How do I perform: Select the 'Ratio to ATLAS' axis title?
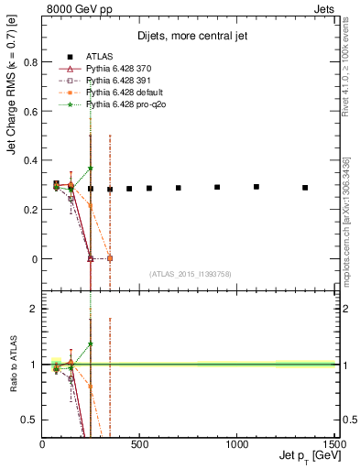[x=11, y=365]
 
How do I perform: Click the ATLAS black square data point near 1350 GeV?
[x=305, y=188]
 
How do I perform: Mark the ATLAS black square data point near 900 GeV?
[x=217, y=187]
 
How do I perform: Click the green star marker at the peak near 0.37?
[x=91, y=169]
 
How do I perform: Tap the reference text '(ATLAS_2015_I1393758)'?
[x=189, y=273]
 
